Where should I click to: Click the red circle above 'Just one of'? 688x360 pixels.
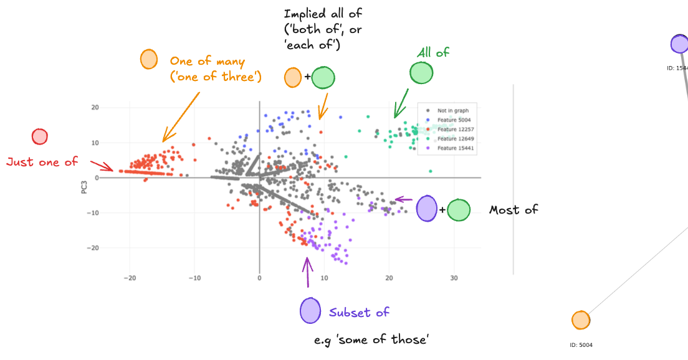coord(39,137)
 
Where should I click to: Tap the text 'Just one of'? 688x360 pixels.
coord(42,162)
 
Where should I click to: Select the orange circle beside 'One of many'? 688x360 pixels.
coord(148,59)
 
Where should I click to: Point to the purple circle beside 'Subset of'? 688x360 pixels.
coord(310,311)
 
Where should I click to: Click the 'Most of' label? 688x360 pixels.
coord(514,210)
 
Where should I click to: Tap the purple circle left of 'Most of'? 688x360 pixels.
coord(426,208)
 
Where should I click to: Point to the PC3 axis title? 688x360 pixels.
coord(84,186)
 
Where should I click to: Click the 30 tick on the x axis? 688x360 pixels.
coord(454,278)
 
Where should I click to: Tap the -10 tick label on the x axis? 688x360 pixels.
coord(194,278)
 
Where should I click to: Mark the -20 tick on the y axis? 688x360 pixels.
coord(94,248)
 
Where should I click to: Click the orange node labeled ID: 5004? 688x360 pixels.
coord(580,320)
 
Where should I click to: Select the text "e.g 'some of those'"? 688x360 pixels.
coord(371,339)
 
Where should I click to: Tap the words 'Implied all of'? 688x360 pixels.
coord(323,14)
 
